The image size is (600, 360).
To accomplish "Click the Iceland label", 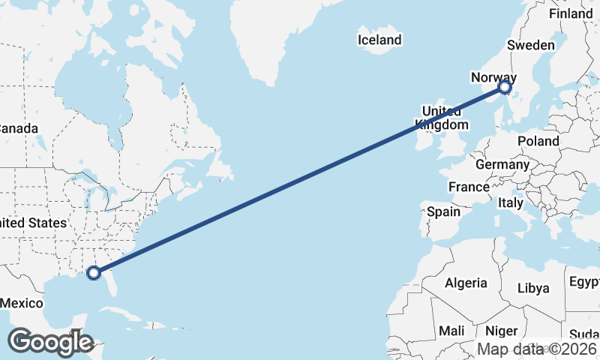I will [x=379, y=40].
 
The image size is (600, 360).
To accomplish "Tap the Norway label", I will [x=493, y=77].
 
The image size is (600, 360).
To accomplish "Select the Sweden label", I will [x=530, y=45].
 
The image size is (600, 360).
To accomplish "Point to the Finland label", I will [x=570, y=13].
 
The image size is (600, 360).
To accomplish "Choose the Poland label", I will [x=538, y=141].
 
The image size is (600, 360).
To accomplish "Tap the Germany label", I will [x=502, y=164].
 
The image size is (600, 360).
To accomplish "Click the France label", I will [x=469, y=187].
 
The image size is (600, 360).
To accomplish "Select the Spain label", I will [x=443, y=211].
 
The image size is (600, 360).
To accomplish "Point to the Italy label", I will [x=511, y=202].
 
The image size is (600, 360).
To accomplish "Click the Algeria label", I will [x=466, y=283].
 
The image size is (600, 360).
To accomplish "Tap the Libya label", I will [x=533, y=288].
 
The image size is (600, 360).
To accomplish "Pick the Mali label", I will [x=451, y=331].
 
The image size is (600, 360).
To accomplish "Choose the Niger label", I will [x=501, y=331].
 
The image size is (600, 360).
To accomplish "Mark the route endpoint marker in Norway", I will [x=505, y=88].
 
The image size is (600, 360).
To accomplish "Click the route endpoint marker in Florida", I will [x=94, y=272].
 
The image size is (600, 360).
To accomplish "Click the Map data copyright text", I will [x=538, y=349].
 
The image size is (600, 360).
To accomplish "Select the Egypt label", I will [x=584, y=282].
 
